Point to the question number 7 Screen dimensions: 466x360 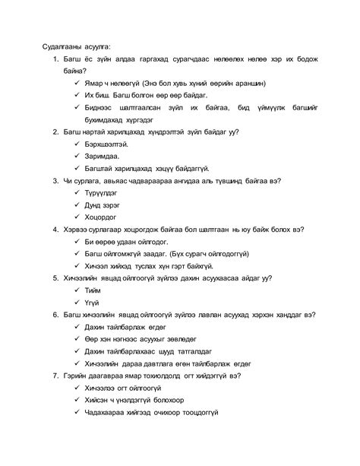coord(55,375)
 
